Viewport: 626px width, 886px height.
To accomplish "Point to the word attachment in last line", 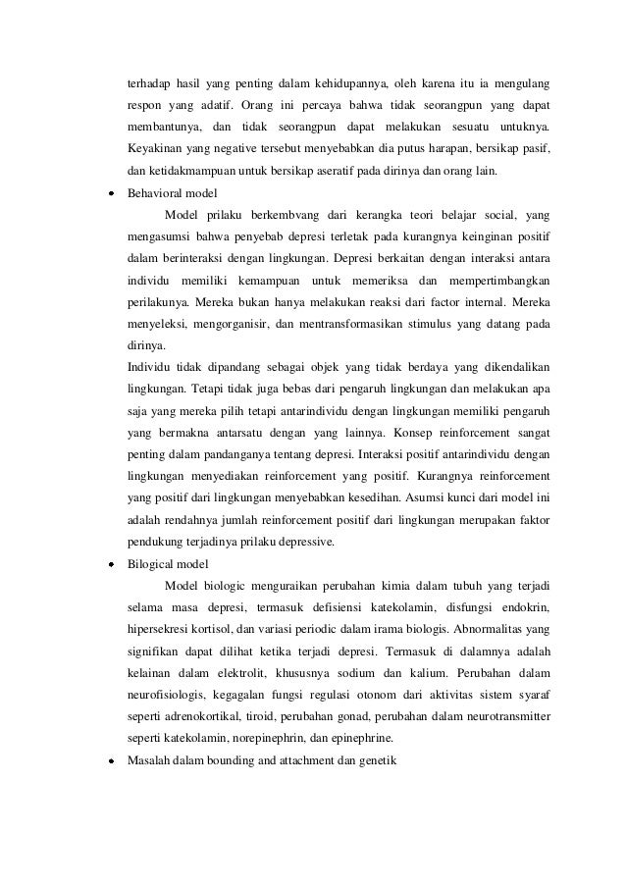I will pos(306,758).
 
